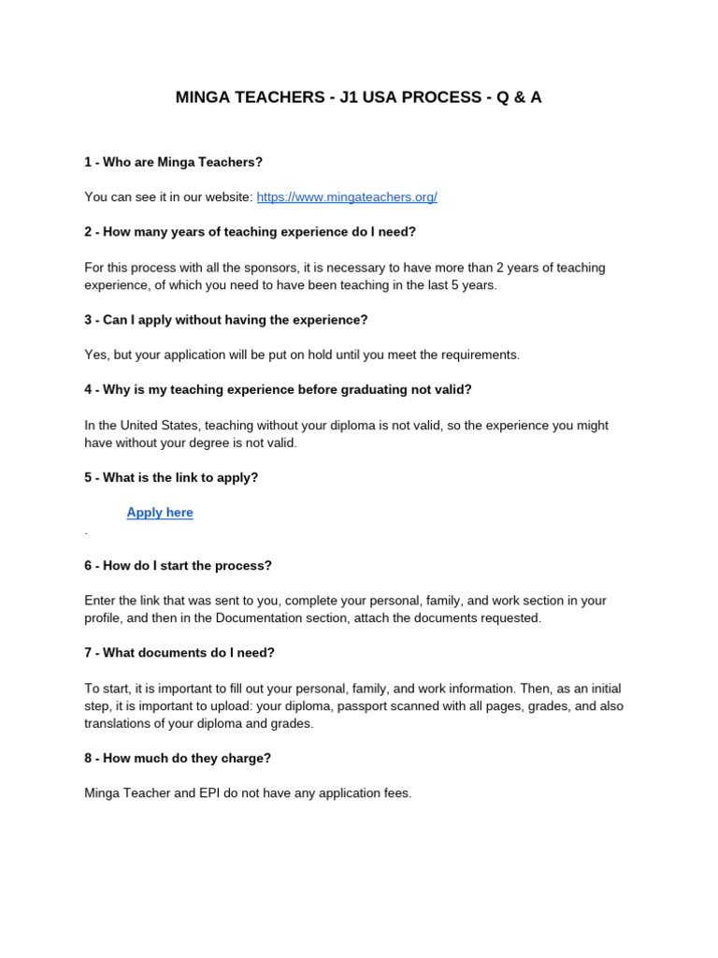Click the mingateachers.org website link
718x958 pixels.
click(x=347, y=197)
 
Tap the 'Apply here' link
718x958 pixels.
click(x=160, y=513)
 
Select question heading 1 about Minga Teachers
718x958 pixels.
click(x=174, y=162)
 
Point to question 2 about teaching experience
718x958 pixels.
click(x=250, y=232)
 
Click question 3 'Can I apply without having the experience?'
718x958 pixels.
click(x=226, y=320)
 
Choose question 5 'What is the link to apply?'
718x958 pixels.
click(x=171, y=478)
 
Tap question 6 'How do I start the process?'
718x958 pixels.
click(x=178, y=566)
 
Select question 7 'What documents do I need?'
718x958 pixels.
click(x=179, y=653)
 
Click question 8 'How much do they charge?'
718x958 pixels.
click(x=178, y=759)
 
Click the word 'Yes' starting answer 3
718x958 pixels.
click(x=95, y=356)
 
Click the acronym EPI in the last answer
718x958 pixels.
click(x=211, y=793)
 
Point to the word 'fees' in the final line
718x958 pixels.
click(x=395, y=793)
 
